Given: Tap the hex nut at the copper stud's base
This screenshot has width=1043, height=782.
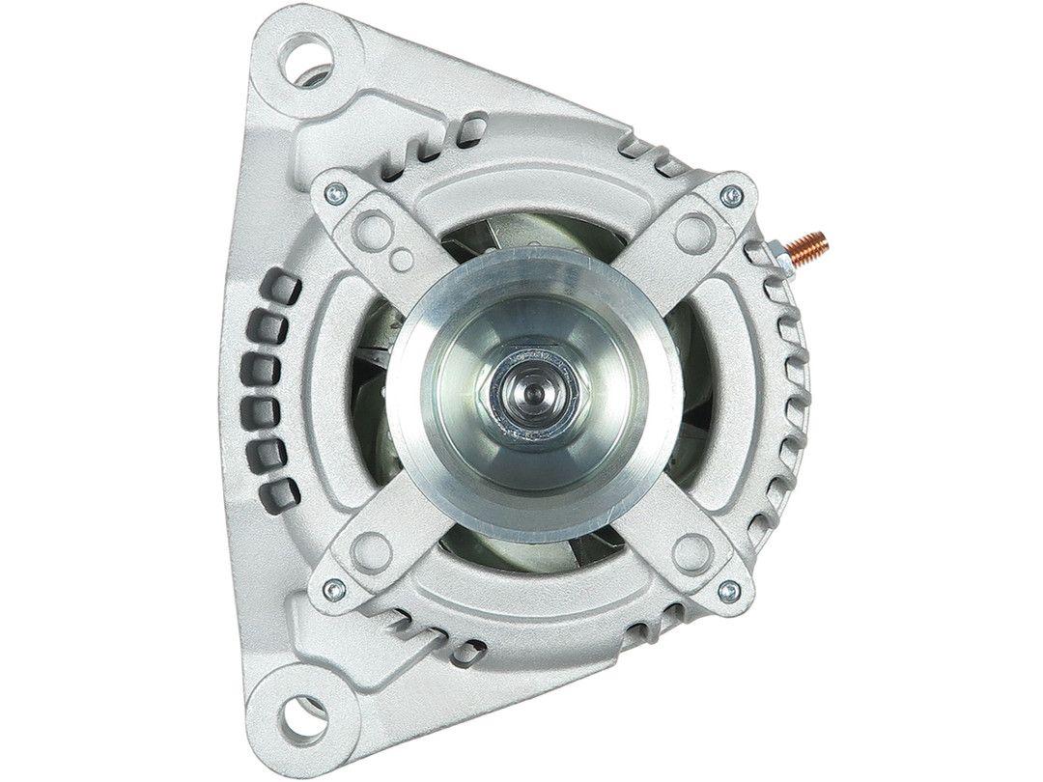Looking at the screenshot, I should [777, 253].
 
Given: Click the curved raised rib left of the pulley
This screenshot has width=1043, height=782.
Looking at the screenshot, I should [325, 386].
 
